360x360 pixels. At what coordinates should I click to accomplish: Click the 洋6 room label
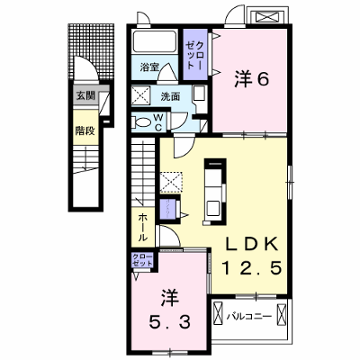coord(251,80)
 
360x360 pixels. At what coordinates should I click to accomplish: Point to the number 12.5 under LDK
coord(252,268)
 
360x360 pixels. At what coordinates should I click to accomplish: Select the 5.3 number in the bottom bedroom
coord(170,323)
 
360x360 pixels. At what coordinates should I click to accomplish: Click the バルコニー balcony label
coord(249,316)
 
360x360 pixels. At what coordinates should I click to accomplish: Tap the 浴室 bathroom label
coord(149,67)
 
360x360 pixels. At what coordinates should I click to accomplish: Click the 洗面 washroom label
coord(170,96)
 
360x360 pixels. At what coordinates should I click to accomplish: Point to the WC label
coord(158,122)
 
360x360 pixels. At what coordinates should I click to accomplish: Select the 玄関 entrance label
coord(85,95)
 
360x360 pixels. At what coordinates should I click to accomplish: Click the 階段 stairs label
coord(85,130)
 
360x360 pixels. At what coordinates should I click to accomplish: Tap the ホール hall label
coord(143,229)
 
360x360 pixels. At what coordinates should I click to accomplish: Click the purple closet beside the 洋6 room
coord(195,55)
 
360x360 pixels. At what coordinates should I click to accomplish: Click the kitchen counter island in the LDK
coord(215,192)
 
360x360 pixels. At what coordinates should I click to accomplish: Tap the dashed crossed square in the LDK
coord(171,182)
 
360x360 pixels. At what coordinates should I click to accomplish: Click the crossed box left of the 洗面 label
coord(141,96)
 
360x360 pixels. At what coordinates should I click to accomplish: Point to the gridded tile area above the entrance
coord(92,51)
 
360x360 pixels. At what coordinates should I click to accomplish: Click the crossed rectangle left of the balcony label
coord(218,314)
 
